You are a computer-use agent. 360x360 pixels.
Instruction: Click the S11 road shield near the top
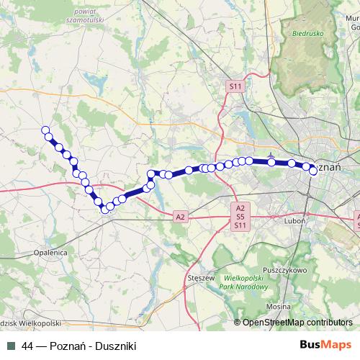pyautogui.click(x=235, y=86)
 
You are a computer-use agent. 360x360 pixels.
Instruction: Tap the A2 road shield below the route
pyautogui.click(x=180, y=216)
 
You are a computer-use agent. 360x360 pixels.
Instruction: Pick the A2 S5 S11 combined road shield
pyautogui.click(x=240, y=216)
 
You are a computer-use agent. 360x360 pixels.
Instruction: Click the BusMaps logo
pyautogui.click(x=325, y=346)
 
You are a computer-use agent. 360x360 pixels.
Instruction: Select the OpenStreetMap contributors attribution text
pyautogui.click(x=297, y=323)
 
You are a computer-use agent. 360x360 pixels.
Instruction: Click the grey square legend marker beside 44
pyautogui.click(x=11, y=346)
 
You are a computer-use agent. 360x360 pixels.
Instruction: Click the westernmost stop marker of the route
pyautogui.click(x=47, y=130)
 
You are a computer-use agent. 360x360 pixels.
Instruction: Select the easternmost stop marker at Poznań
pyautogui.click(x=313, y=171)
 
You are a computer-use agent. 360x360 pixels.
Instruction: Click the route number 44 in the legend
pyautogui.click(x=28, y=346)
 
